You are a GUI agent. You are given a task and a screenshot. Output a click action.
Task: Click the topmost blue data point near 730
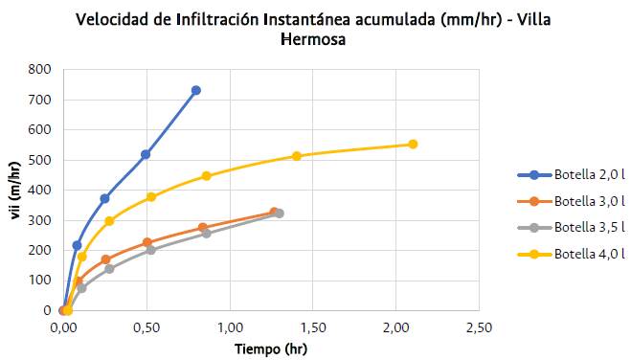(x=196, y=90)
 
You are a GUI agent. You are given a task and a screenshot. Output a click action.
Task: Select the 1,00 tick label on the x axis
(x=229, y=327)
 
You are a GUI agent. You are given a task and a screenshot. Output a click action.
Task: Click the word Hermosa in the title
(x=312, y=40)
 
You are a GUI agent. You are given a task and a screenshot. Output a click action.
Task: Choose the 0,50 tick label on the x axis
(x=146, y=327)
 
